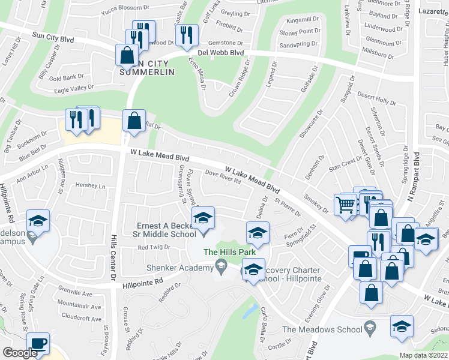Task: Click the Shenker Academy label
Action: point(181,268)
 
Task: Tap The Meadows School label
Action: point(321,329)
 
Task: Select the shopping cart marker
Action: point(346,205)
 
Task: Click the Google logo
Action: point(19,353)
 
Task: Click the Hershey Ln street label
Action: point(91,185)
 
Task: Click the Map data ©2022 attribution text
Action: point(423,355)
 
